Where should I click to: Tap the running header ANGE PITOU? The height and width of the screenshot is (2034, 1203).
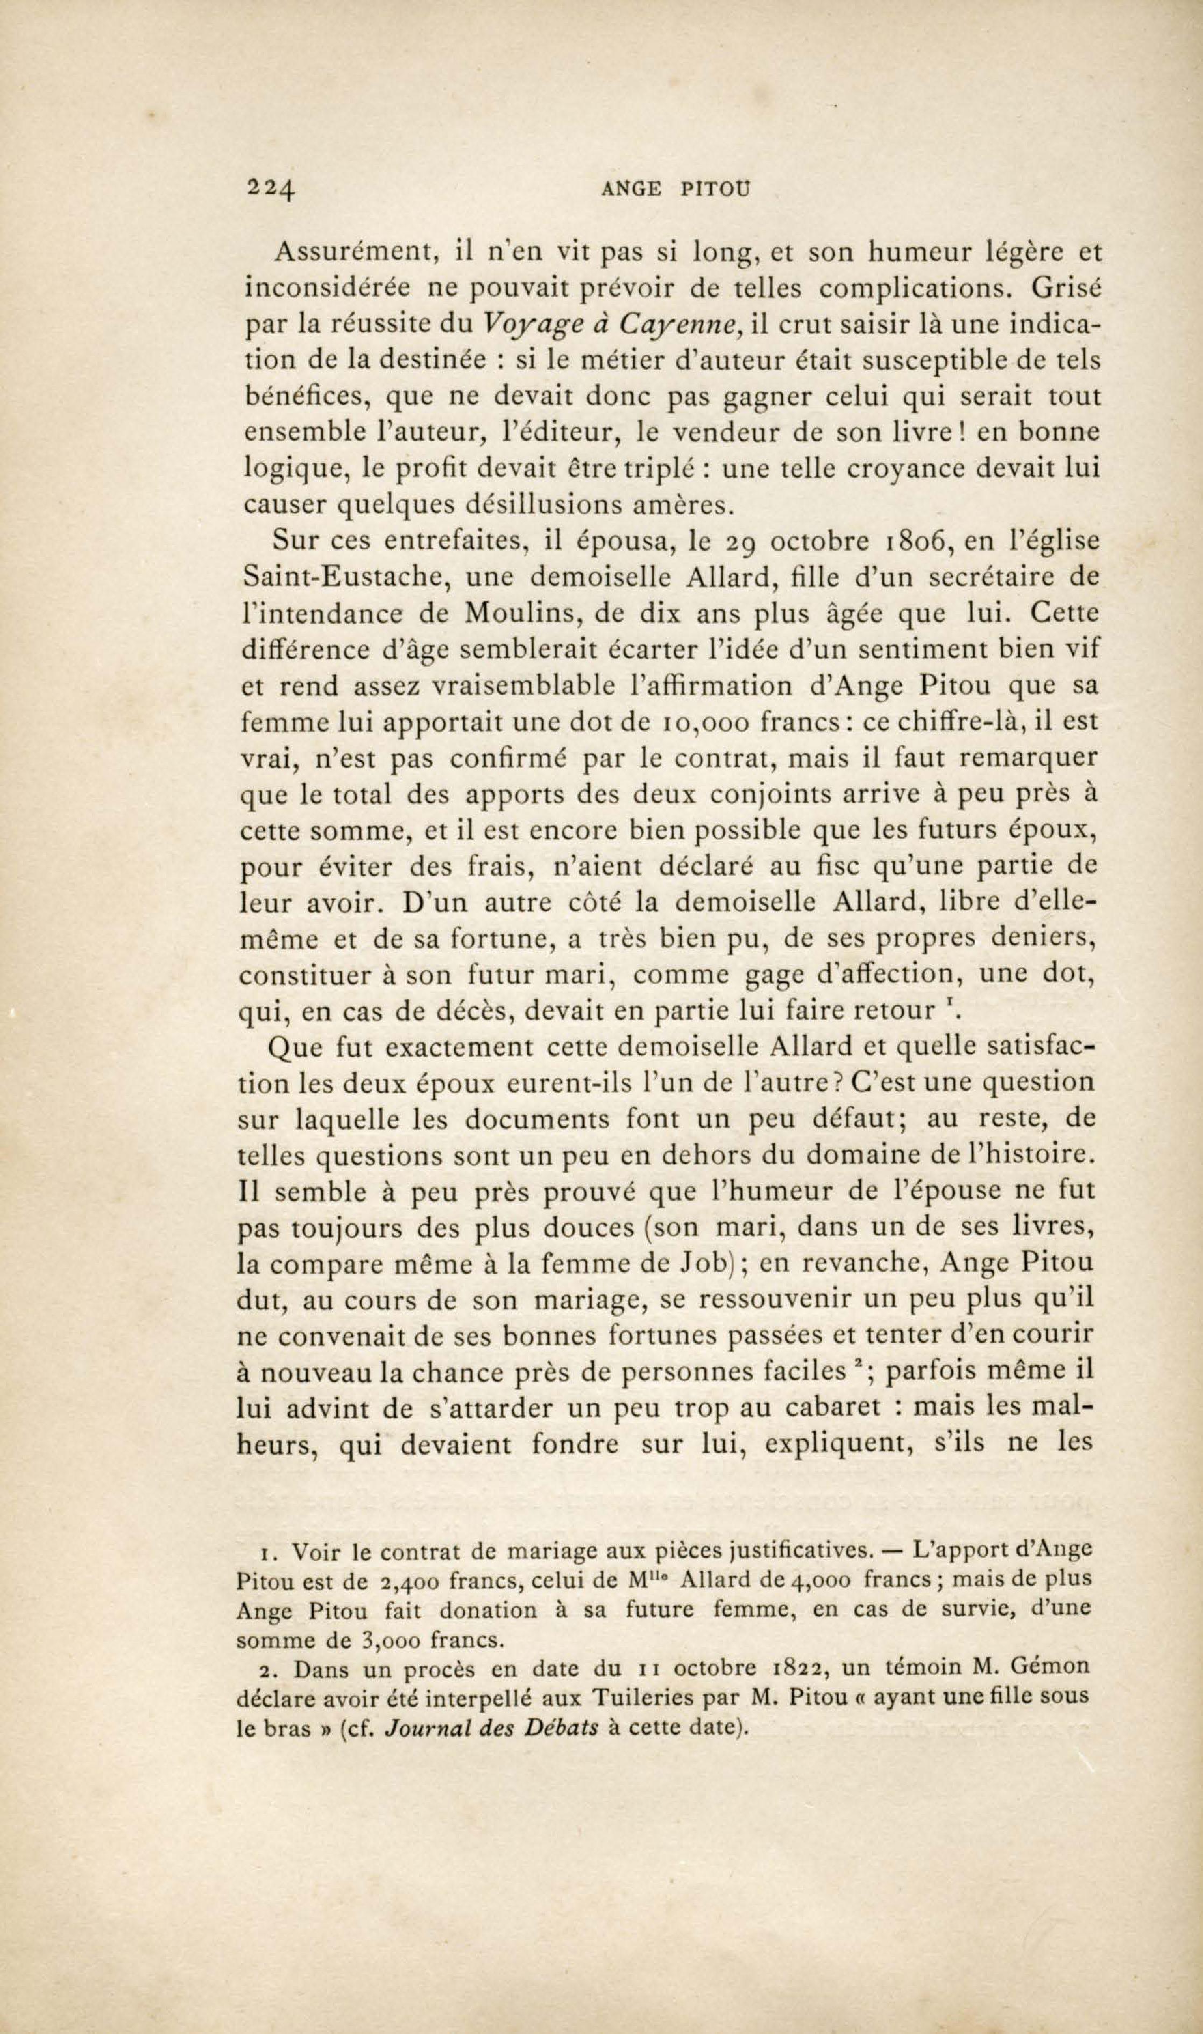coord(677,189)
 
